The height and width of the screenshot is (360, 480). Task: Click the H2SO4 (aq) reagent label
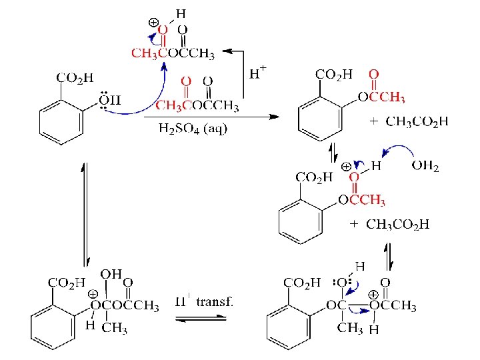(193, 127)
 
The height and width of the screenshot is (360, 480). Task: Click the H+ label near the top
(258, 73)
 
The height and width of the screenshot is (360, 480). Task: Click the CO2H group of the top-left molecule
(75, 78)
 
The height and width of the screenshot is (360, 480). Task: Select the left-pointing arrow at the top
(233, 50)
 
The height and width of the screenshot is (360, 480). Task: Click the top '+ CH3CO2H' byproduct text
(409, 121)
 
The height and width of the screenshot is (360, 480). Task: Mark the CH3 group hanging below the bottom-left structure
(115, 327)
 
